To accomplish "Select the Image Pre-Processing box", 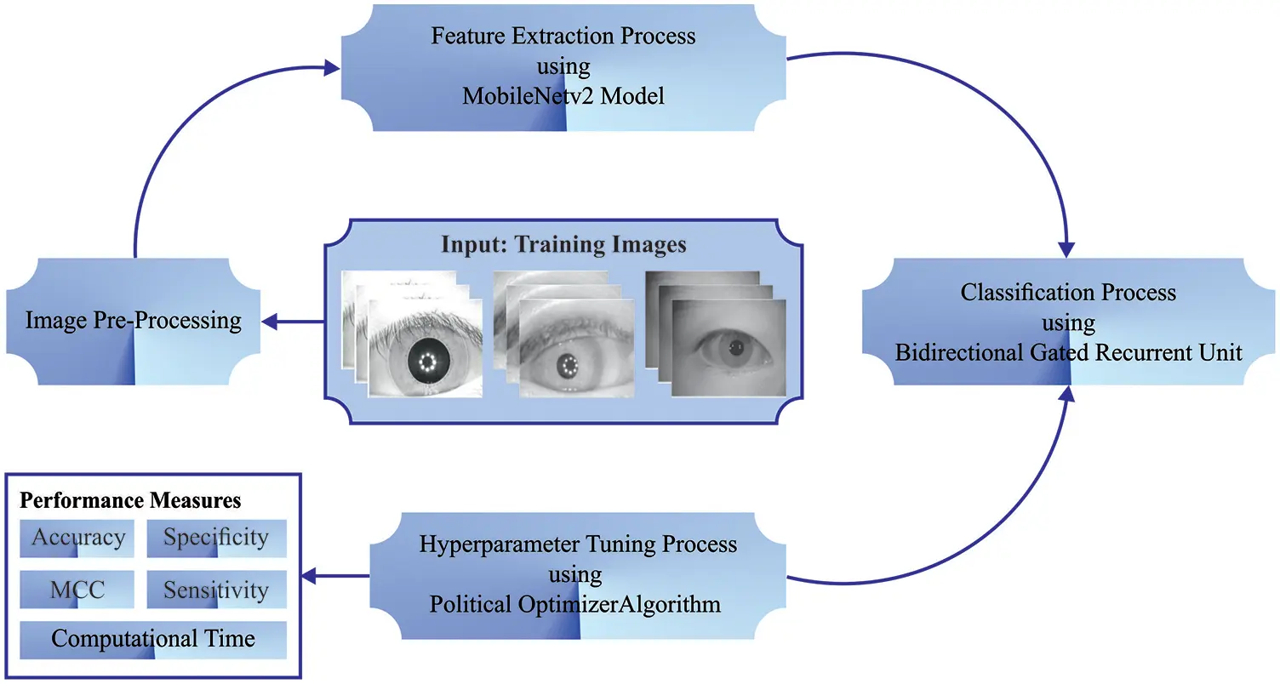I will (x=133, y=321).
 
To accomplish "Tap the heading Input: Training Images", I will (x=563, y=245).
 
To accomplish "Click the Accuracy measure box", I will (x=77, y=538).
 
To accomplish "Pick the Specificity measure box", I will (x=216, y=538).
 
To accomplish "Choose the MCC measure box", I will (x=77, y=590).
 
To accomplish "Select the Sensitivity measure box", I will (x=216, y=590).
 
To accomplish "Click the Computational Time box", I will (x=153, y=639).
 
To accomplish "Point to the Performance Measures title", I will (x=130, y=499).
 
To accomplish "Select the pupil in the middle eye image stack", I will (x=568, y=366).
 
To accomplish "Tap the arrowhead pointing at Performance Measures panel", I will (x=313, y=576).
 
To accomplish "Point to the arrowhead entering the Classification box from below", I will (x=1068, y=393).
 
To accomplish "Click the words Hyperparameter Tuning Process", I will (x=578, y=544).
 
